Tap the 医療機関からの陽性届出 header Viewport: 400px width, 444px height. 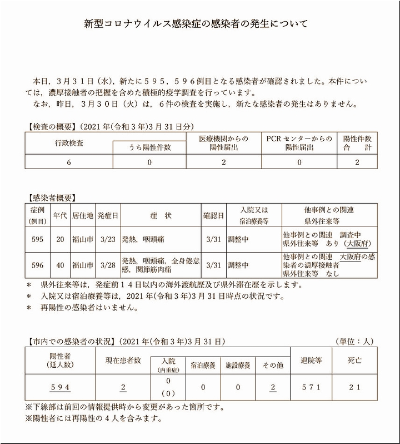(224, 143)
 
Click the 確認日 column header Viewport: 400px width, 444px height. (213, 214)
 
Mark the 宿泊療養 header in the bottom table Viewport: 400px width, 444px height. (202, 366)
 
